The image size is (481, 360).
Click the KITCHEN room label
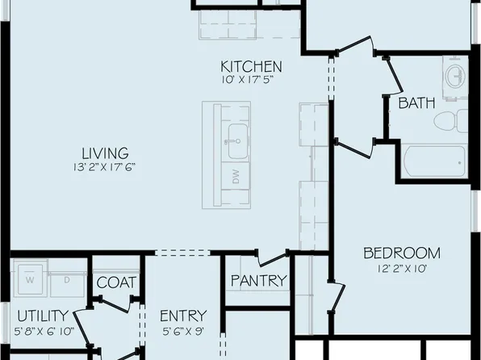click(252, 66)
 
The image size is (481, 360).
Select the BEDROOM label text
click(400, 253)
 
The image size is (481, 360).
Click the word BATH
click(416, 103)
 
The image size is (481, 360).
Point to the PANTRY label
click(258, 281)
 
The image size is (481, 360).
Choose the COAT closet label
click(116, 283)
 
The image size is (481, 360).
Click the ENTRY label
click(182, 316)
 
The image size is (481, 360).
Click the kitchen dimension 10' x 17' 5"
click(252, 80)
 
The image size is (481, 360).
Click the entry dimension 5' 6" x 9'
click(182, 330)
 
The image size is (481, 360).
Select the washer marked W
click(29, 280)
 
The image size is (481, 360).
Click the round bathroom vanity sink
click(454, 77)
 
